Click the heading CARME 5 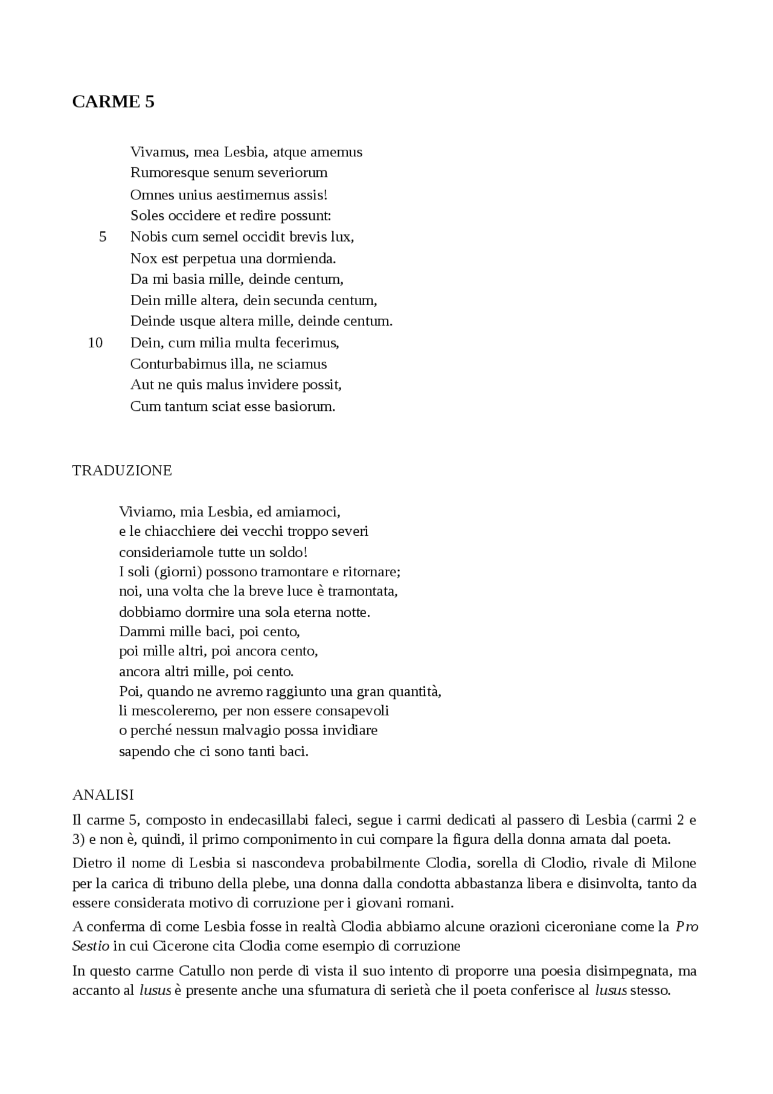[x=113, y=101]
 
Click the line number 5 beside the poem [x=103, y=237]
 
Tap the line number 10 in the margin [x=95, y=343]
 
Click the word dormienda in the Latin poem [x=305, y=259]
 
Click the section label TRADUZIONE [x=122, y=471]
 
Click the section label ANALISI [x=103, y=795]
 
